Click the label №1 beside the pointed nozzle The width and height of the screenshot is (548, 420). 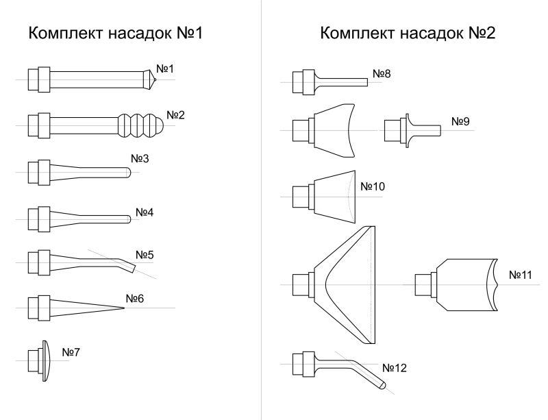pos(165,69)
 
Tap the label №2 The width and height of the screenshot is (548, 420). pos(175,114)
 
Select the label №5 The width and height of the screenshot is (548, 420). pos(145,255)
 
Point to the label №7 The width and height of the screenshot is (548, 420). pos(71,352)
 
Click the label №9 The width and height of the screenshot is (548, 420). pos(460,121)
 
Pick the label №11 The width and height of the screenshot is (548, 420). pos(521,275)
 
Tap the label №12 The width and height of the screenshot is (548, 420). pos(395,368)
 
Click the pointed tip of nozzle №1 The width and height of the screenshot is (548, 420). pos(155,79)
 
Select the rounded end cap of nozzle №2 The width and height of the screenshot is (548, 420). pos(159,125)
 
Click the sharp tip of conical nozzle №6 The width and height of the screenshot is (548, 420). pos(124,308)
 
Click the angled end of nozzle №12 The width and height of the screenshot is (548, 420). pos(382,385)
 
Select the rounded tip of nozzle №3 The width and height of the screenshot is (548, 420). pos(129,173)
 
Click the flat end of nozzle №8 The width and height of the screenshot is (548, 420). pos(367,82)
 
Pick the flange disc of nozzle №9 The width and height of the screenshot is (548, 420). pos(408,130)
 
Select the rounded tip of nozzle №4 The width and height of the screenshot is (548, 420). pos(129,219)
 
